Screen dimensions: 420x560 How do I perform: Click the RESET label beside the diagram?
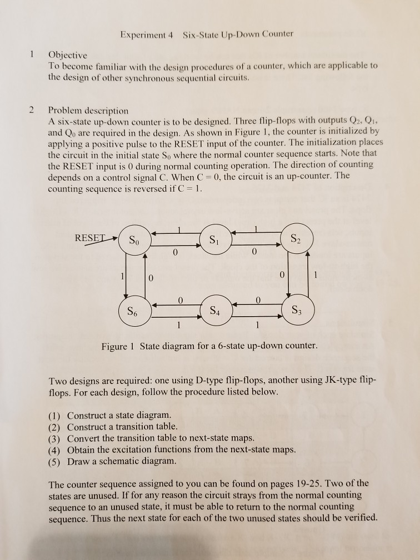click(91, 238)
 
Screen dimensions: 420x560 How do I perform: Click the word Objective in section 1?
click(68, 55)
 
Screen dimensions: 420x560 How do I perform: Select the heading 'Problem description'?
click(88, 111)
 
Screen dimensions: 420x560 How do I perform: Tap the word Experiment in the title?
click(143, 34)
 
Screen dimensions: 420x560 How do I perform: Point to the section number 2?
click(32, 109)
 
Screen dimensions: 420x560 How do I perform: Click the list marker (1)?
click(54, 416)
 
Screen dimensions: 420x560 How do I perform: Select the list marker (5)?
click(54, 462)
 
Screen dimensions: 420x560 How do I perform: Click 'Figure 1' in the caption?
click(118, 347)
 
